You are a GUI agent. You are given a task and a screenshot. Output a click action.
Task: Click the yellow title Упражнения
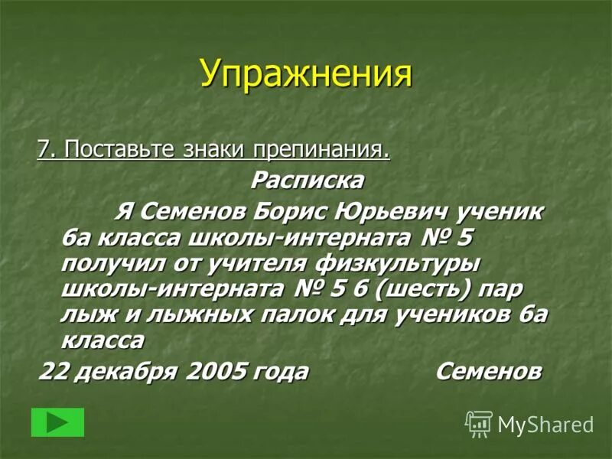click(x=306, y=73)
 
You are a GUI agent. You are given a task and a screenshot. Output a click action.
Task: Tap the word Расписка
click(x=308, y=181)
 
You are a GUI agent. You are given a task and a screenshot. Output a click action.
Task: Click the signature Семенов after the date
click(x=489, y=373)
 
